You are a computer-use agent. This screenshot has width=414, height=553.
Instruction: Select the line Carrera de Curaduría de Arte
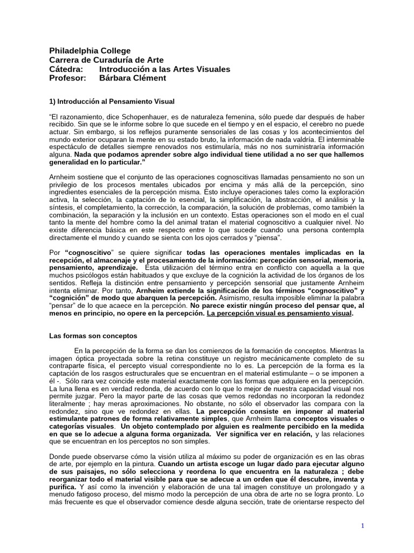[106, 60]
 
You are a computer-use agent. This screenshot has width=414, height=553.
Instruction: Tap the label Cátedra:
[66, 69]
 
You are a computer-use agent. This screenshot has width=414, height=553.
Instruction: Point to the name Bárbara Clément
[133, 78]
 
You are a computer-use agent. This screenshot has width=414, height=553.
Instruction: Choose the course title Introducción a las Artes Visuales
[165, 69]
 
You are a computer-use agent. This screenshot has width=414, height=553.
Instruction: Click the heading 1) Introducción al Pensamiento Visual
[112, 101]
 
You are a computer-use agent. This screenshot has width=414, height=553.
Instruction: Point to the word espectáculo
[70, 147]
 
